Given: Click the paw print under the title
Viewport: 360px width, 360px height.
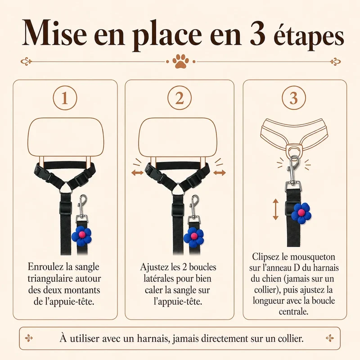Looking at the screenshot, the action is click(x=180, y=61).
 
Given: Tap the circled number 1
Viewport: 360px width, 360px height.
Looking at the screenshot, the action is click(x=65, y=98).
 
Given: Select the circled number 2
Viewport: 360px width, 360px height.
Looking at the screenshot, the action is click(x=179, y=98).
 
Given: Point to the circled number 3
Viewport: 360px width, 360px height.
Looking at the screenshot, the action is click(x=294, y=98).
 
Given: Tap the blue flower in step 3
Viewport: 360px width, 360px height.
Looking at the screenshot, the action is click(x=301, y=213).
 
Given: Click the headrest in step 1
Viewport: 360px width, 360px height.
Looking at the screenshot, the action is click(x=66, y=137).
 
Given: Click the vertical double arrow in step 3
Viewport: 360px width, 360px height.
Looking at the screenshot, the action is click(x=275, y=209).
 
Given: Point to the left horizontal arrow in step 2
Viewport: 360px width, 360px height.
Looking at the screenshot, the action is click(x=138, y=173).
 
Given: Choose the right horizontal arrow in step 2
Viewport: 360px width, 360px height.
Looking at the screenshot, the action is click(x=220, y=173).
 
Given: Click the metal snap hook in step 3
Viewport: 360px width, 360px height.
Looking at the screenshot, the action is click(x=293, y=170).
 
